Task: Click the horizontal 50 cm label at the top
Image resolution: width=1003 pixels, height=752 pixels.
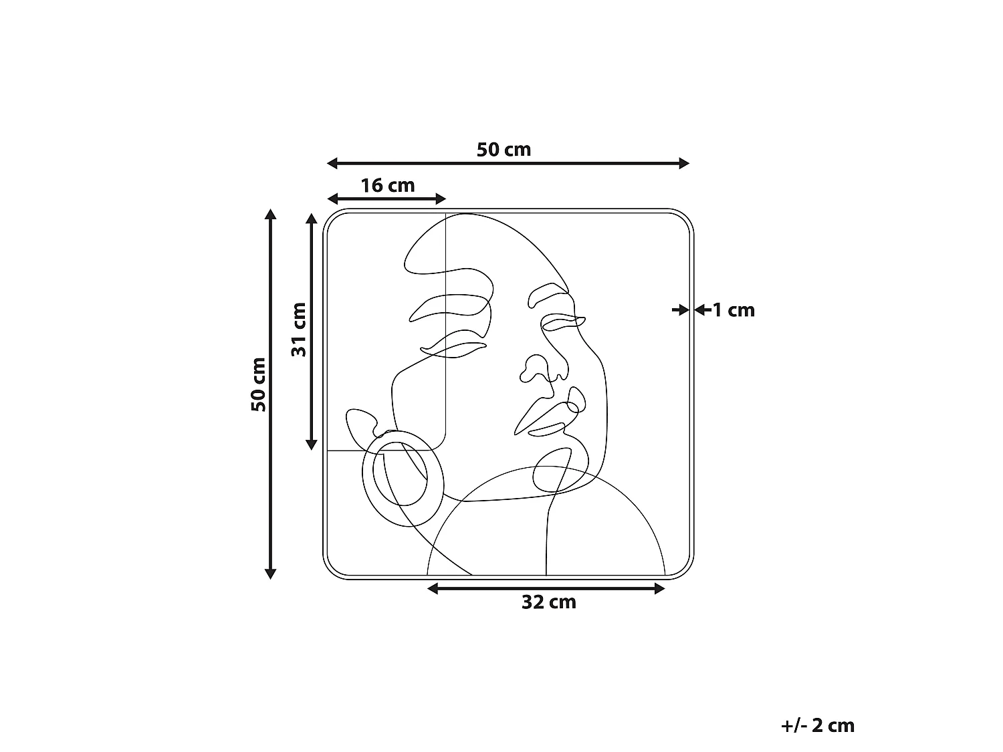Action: pos(504,150)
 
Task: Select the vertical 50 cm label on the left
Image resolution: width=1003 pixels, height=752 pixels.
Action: pos(259,384)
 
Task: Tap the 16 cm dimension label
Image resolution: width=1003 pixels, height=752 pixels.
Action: pos(387,185)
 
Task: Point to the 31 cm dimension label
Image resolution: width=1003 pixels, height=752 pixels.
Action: pos(298,329)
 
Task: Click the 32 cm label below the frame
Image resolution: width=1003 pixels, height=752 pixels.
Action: pos(549,602)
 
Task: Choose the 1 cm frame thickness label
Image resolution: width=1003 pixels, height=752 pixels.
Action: pos(734,310)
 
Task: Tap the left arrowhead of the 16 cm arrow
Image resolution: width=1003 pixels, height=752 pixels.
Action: pos(332,199)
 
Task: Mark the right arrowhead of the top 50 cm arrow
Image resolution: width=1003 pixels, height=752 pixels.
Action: pos(684,163)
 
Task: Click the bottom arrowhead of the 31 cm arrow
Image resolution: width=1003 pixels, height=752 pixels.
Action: pos(311,445)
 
